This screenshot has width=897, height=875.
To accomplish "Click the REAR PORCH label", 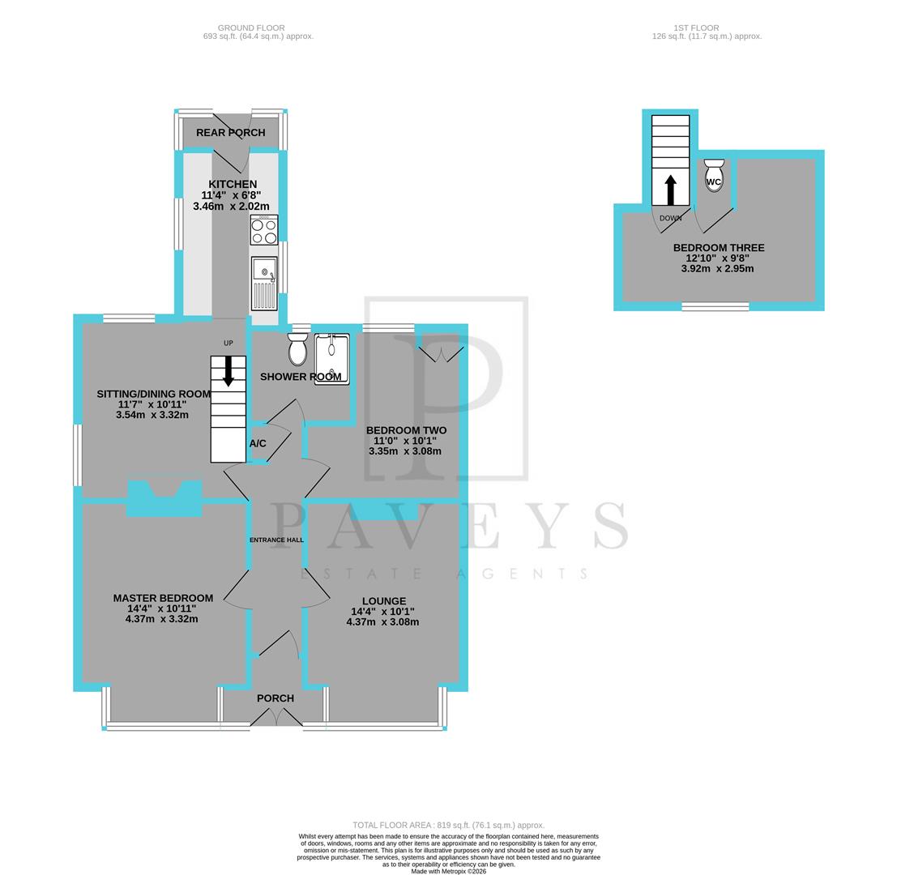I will [x=230, y=133].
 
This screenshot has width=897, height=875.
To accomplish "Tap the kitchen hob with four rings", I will [x=264, y=230].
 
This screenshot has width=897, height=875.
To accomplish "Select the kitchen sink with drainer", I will [x=264, y=283].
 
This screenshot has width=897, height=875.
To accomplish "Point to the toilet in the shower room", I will [x=297, y=350].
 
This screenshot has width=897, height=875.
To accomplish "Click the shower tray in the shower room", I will [x=331, y=358].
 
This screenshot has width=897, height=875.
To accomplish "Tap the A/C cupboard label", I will [x=258, y=443].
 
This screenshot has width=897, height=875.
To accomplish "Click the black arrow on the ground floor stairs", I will [x=229, y=370].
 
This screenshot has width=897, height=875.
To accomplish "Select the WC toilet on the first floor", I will [x=714, y=175].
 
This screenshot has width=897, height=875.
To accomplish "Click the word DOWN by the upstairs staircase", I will [x=671, y=219].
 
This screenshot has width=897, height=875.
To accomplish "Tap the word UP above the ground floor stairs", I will [x=229, y=344].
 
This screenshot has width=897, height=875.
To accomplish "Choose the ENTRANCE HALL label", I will [x=276, y=540].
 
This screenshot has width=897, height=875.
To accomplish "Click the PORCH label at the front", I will [x=276, y=698].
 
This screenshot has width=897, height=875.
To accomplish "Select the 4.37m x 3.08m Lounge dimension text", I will [x=382, y=622].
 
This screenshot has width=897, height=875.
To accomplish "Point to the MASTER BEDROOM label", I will [x=163, y=598].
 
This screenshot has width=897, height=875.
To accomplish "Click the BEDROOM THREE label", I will [x=719, y=248].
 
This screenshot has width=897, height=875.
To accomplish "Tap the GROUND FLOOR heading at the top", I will [x=251, y=28].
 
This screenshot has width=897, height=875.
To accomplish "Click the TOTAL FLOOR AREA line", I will [x=448, y=825].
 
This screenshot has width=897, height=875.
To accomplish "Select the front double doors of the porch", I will [x=276, y=718].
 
